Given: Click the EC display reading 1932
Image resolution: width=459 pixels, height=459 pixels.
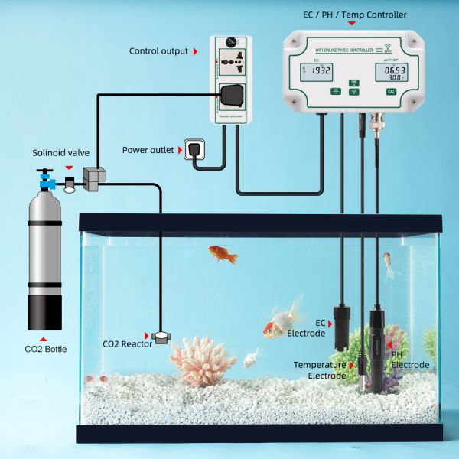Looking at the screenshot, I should (320, 71).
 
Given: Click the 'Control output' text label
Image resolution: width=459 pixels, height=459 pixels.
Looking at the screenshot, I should (159, 51).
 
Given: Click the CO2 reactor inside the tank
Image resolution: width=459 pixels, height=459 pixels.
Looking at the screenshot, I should (162, 337).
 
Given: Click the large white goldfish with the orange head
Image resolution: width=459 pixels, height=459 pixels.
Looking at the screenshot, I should (282, 321).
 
